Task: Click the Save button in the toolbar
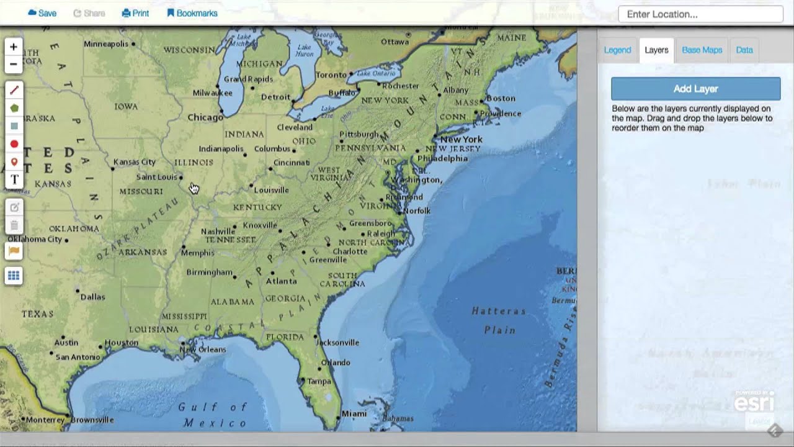point(42,13)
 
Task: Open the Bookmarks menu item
point(192,13)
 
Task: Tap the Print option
point(135,13)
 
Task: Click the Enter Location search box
point(700,14)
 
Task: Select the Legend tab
point(617,50)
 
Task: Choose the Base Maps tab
point(702,50)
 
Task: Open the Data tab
point(744,50)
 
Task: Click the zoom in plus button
point(14,47)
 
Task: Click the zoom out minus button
point(14,64)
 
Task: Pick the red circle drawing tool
point(14,144)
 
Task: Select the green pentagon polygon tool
point(14,108)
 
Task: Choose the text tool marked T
point(14,180)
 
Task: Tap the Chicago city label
point(205,117)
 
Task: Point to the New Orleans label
point(203,350)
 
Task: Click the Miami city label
point(354,413)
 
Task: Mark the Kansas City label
point(135,162)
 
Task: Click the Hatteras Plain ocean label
point(499,320)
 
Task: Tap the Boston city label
point(501,98)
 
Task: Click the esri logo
point(754,402)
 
